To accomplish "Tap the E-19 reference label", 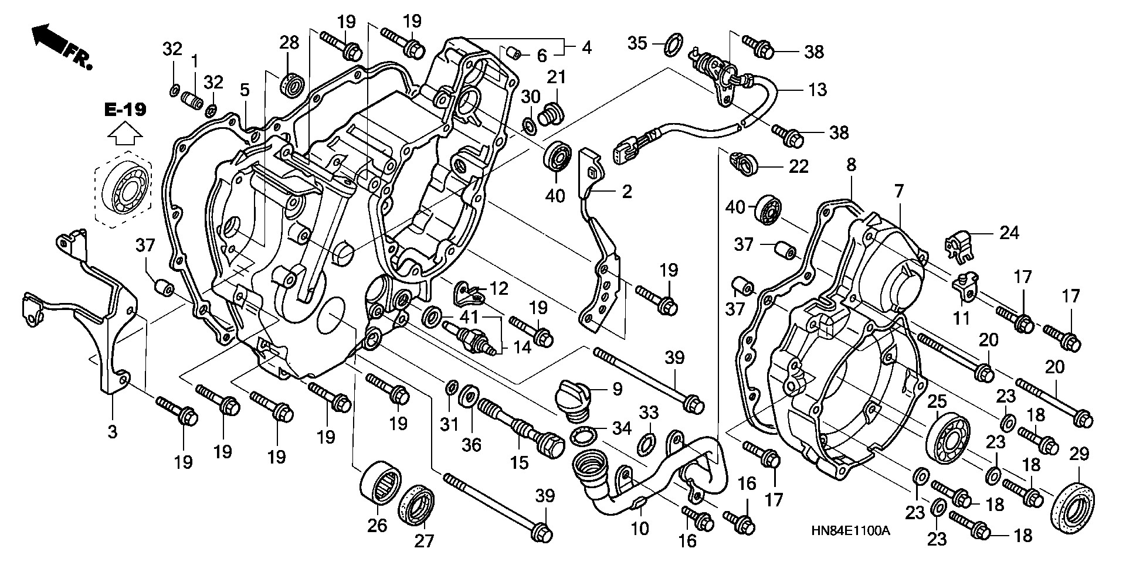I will (x=126, y=110).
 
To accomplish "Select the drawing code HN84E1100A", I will (x=850, y=532).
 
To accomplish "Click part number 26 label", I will (x=378, y=525).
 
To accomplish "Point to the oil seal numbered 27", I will (x=417, y=503).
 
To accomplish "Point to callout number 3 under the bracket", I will (x=112, y=432).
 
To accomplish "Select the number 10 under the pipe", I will (x=640, y=529).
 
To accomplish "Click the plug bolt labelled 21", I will (x=552, y=113).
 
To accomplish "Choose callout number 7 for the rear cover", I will (x=899, y=190).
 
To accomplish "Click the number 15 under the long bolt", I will (x=519, y=463).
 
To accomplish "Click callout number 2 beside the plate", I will (x=627, y=191).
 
